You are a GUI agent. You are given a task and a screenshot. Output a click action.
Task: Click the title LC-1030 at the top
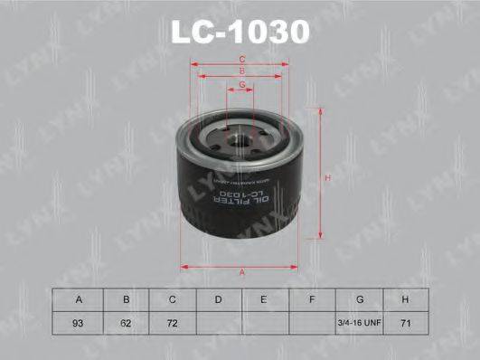pos(240,31)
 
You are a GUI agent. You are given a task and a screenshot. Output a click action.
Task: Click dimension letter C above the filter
pos(242,60)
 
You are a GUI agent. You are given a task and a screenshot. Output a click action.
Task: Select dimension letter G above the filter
pos(242,84)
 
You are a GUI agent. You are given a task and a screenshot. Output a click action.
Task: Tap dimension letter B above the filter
pos(242,71)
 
